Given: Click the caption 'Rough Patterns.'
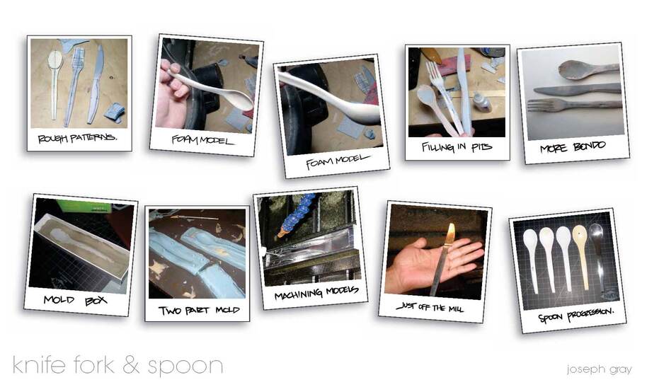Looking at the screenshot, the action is [x=77, y=138].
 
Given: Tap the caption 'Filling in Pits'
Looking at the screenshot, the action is [x=457, y=147].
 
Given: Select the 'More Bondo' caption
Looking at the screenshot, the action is [x=573, y=146].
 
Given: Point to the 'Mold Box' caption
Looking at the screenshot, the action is [x=75, y=300].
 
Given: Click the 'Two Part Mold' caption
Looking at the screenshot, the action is [x=199, y=310].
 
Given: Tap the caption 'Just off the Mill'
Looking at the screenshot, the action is [x=430, y=307].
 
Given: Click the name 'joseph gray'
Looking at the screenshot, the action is [x=599, y=369].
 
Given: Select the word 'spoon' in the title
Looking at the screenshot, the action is [x=185, y=366].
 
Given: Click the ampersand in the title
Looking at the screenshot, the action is [x=130, y=365].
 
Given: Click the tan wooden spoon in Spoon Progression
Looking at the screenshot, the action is [x=581, y=255].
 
